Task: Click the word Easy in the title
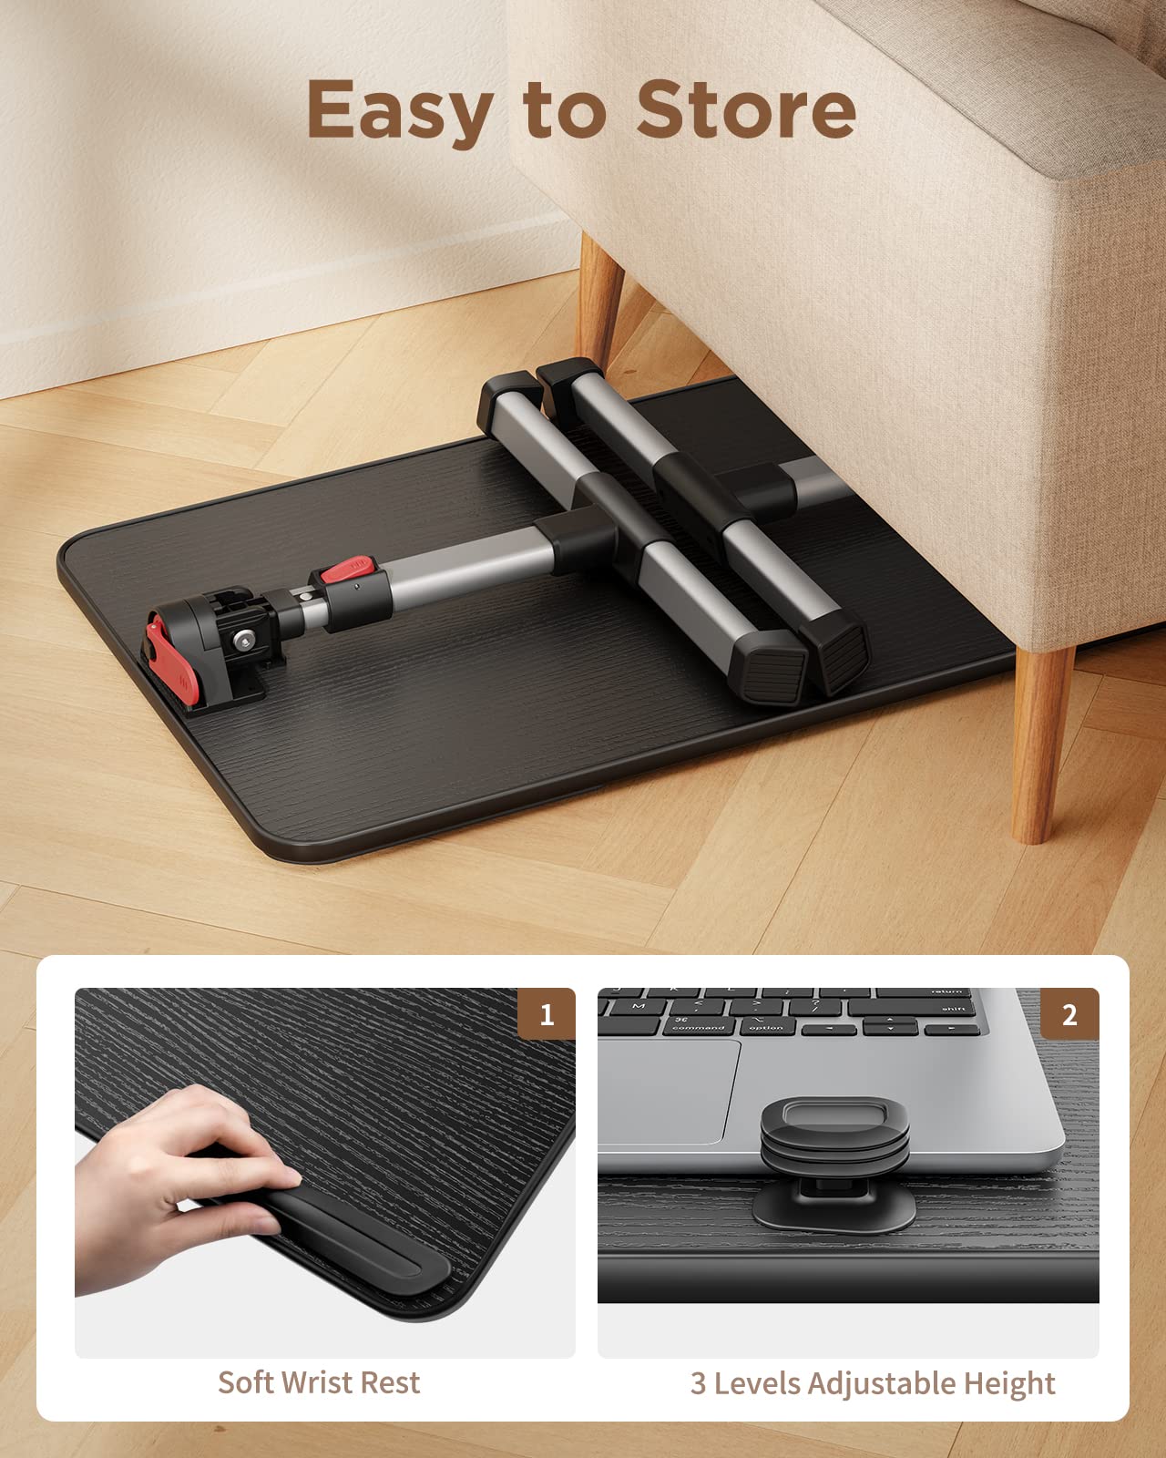(399, 112)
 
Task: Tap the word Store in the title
(746, 109)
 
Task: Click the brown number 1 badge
(546, 1013)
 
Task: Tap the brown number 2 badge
(1069, 1013)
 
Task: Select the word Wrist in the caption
(319, 1382)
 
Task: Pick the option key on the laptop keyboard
(766, 1027)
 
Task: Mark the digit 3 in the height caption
(698, 1383)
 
